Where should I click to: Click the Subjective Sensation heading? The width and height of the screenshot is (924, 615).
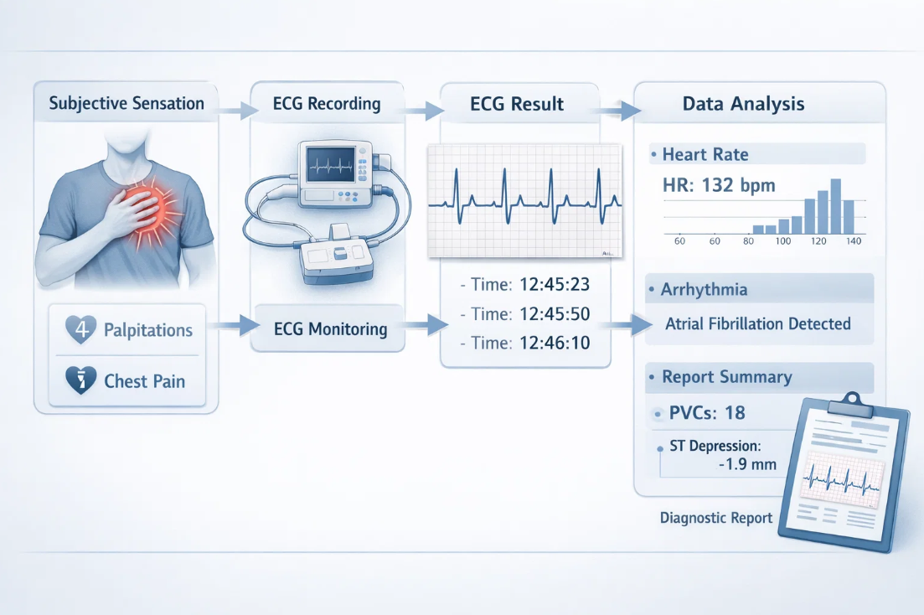coord(126,104)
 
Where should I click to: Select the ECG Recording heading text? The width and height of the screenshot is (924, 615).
coord(327,104)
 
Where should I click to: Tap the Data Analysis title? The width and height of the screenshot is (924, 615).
coord(743,104)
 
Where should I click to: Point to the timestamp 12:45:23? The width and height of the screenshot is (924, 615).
coord(555,284)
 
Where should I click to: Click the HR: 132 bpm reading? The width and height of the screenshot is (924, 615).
coord(719,185)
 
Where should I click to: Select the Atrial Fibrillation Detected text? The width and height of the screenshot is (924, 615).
coord(758,323)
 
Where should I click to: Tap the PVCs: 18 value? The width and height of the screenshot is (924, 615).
coord(708,413)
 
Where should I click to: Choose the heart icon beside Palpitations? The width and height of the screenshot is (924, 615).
coord(81,330)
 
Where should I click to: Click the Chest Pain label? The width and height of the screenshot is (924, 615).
coord(144,381)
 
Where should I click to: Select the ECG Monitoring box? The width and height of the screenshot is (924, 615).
coord(330,328)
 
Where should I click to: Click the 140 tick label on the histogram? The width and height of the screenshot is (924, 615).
coord(854,241)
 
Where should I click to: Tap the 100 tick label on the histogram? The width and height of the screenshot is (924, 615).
coord(783,241)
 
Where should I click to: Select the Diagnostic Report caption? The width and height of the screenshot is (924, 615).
coord(716,518)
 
